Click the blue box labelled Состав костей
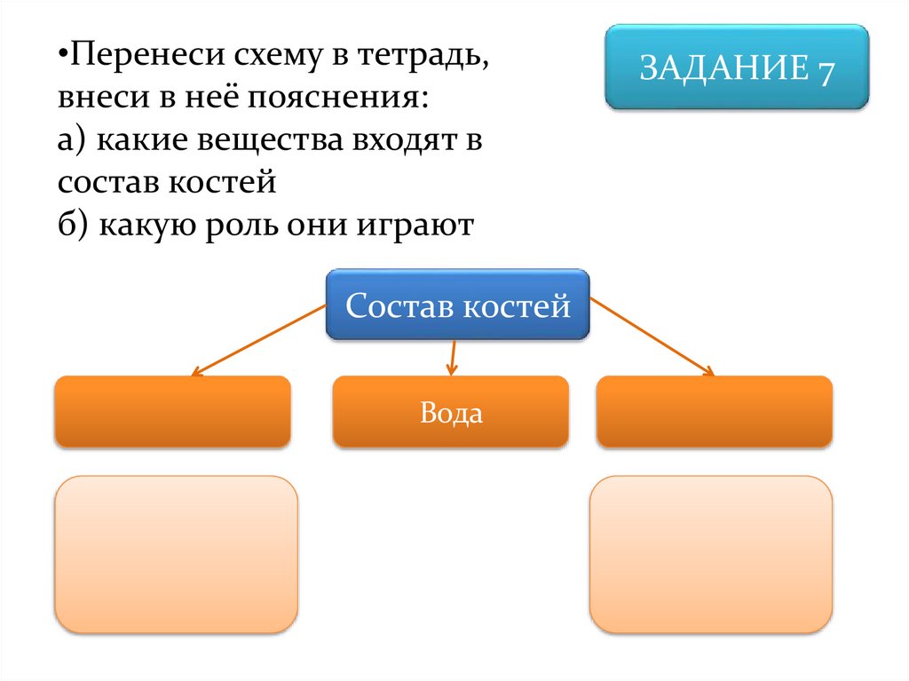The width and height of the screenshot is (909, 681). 457,305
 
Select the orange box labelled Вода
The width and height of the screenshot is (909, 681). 451,412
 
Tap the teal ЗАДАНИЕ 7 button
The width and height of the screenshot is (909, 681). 737,67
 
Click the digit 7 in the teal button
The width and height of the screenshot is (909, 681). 824,70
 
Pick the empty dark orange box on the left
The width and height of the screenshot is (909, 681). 172,411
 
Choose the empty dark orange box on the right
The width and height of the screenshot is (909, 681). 714,411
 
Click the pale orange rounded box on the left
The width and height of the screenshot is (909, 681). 176,554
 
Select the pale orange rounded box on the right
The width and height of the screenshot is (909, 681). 711,554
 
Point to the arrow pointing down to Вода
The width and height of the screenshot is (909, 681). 452,357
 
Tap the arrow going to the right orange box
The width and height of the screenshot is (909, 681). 652,337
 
